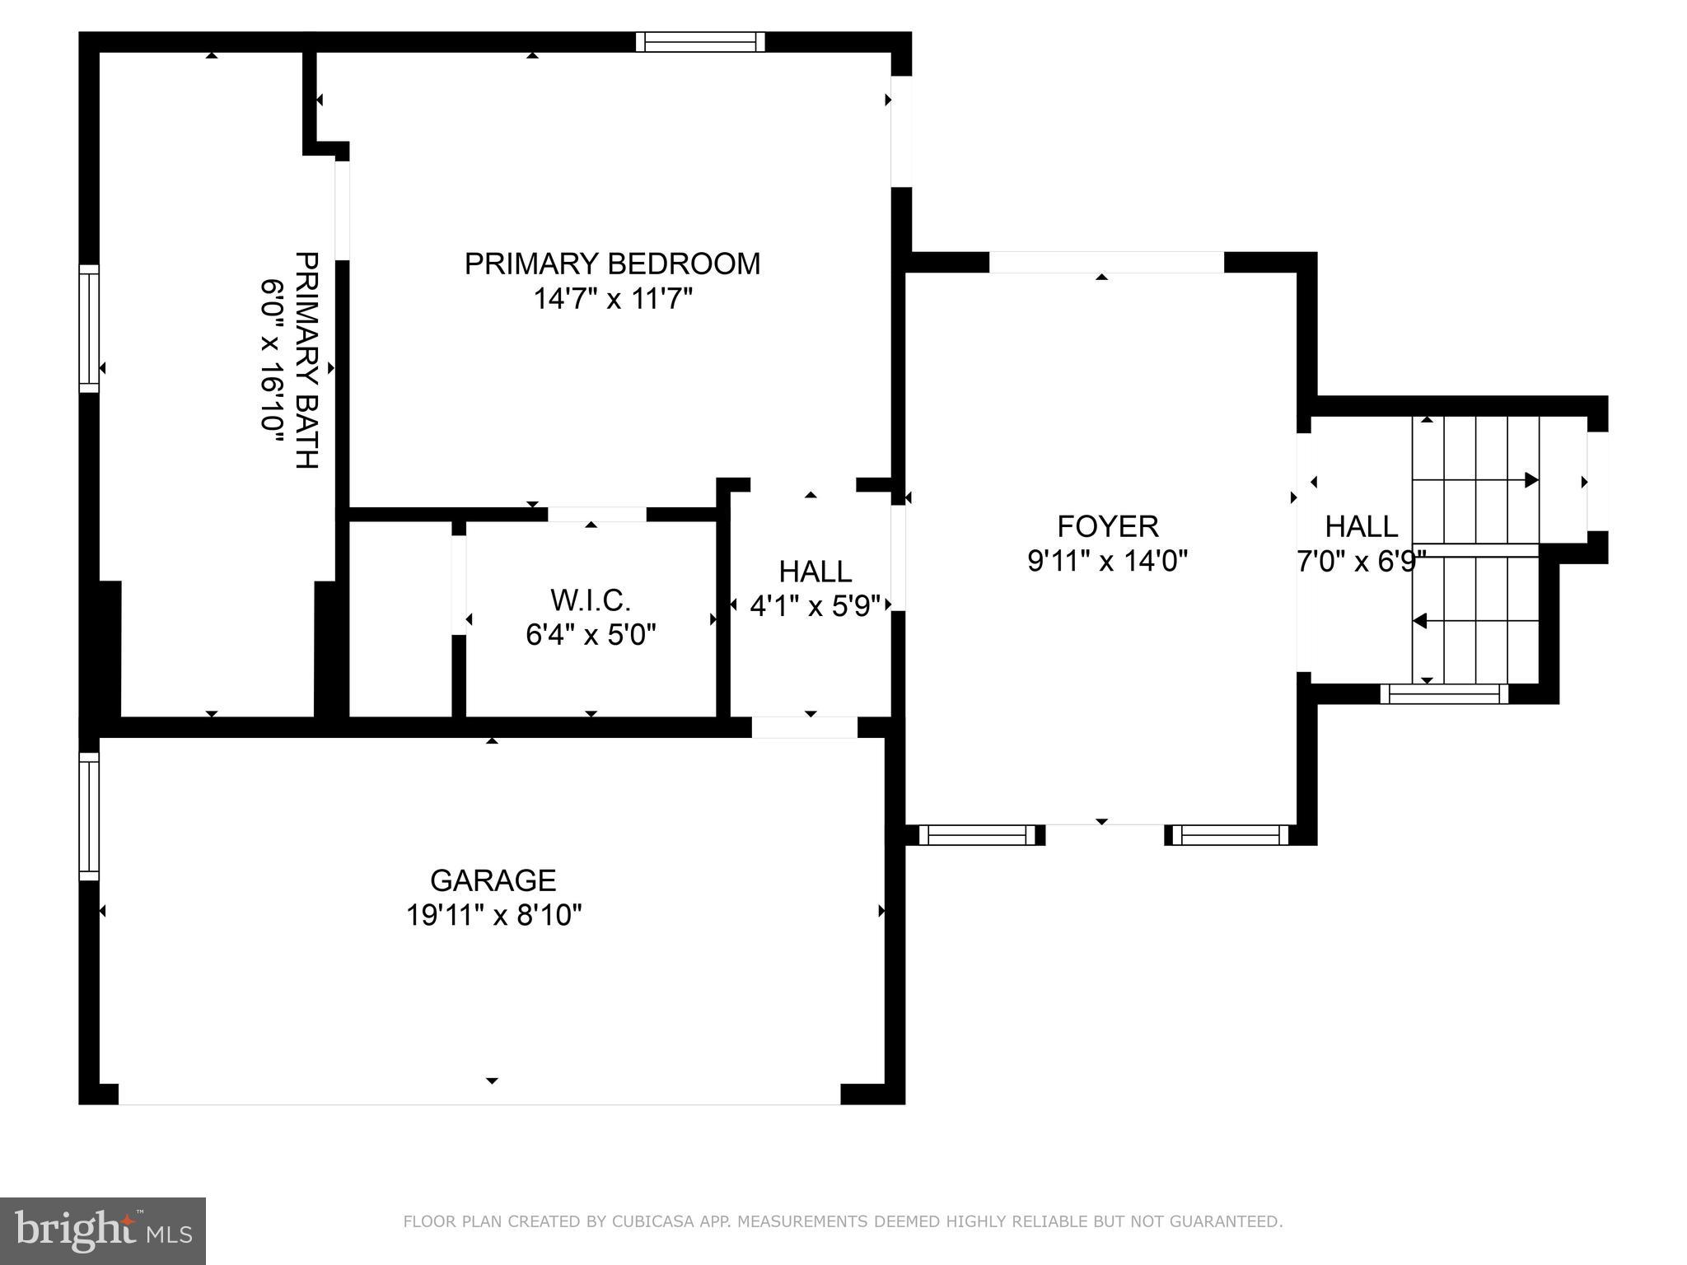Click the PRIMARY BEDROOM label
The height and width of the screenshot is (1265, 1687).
(612, 264)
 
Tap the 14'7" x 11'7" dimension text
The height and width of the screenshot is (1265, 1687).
(612, 299)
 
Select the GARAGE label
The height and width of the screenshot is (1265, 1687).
(493, 880)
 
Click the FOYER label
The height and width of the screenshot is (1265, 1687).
(1107, 526)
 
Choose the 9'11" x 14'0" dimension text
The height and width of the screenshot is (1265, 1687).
(1107, 561)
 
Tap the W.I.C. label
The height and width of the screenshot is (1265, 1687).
(591, 600)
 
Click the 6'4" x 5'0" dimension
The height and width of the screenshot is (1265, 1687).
(591, 635)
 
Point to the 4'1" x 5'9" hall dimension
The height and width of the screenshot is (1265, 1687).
(815, 606)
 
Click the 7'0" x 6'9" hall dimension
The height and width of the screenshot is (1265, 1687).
(1361, 561)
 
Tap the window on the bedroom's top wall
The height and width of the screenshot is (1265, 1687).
(700, 42)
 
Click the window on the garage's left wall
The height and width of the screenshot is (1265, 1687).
(89, 816)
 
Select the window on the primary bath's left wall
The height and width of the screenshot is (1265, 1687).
(89, 329)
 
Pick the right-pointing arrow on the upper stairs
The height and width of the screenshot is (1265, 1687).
(1530, 480)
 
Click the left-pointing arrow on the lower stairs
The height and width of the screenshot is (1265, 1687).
(1420, 620)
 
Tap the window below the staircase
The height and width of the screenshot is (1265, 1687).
(1443, 694)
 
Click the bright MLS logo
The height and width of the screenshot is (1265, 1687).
(103, 1230)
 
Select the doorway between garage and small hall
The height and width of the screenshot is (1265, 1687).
(804, 726)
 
